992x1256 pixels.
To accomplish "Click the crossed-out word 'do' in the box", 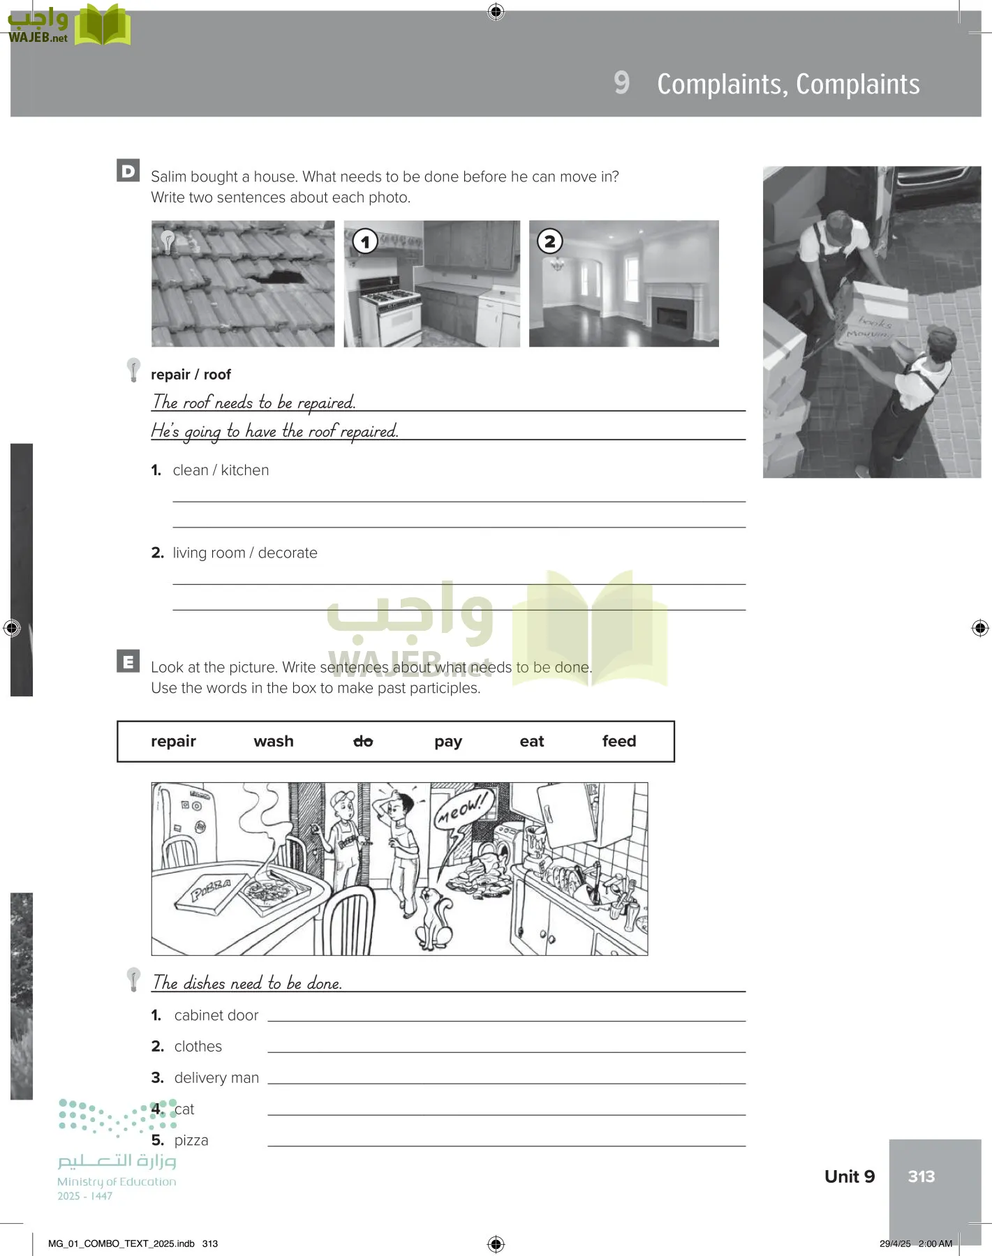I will point(363,741).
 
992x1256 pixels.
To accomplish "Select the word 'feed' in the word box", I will point(619,741).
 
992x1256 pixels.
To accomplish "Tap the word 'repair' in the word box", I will point(173,741).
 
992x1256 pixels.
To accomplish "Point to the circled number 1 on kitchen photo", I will point(365,241).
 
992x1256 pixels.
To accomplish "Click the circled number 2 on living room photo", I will point(549,241).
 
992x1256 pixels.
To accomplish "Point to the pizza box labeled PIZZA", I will point(212,894).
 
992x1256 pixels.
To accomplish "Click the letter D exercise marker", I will point(128,171).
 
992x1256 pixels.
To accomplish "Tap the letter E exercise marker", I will point(128,661).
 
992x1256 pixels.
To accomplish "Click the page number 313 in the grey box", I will point(921,1176).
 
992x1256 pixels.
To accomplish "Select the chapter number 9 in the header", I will point(621,83).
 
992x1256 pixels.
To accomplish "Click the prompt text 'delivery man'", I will point(216,1077).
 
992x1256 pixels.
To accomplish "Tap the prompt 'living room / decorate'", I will point(244,553).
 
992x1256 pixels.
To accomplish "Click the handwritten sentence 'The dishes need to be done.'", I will point(247,982).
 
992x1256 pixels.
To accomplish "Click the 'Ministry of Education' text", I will point(117,1181).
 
